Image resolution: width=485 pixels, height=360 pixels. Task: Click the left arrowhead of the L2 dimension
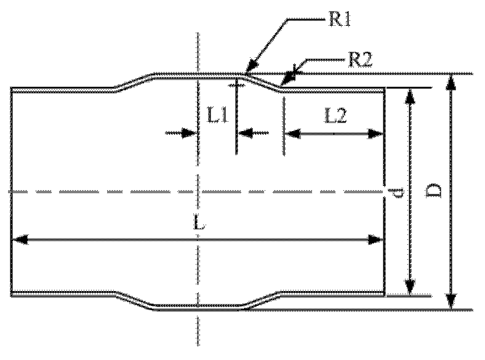(x=291, y=132)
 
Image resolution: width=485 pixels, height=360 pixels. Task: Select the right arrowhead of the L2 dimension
(x=378, y=132)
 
